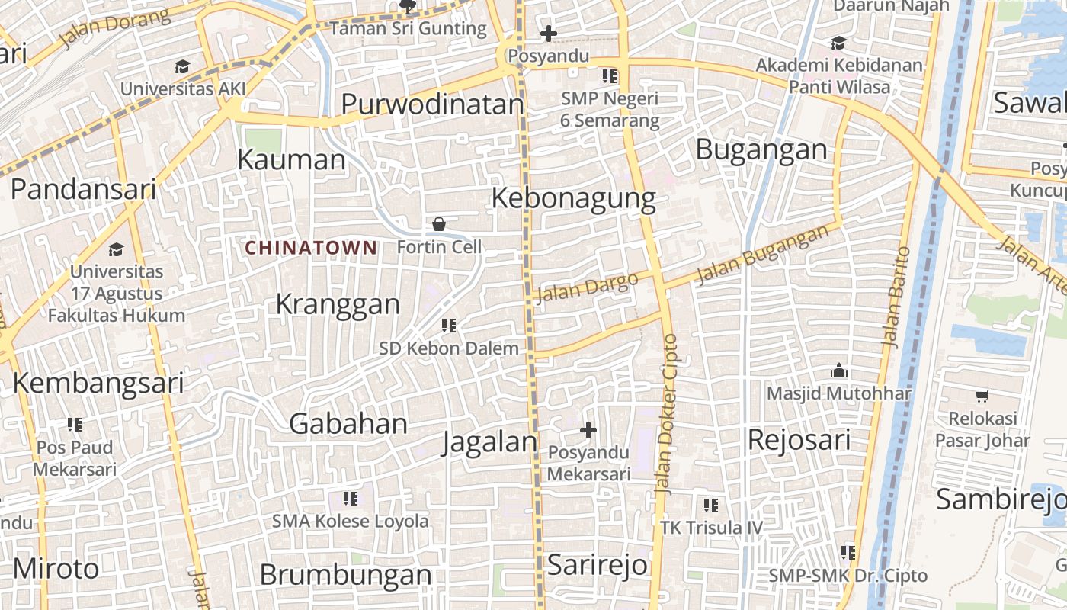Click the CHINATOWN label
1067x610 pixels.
(311, 248)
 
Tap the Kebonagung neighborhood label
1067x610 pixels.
(573, 198)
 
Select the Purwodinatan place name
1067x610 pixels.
(432, 104)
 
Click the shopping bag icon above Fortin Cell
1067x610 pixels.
(439, 224)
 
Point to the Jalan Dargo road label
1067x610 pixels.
(587, 287)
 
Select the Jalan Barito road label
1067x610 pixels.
(896, 297)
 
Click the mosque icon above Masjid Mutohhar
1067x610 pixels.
(839, 371)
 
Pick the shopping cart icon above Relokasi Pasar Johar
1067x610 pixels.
(982, 396)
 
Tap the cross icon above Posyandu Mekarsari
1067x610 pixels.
(588, 430)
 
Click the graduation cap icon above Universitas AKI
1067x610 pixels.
(182, 67)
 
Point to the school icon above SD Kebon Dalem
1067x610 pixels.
(449, 326)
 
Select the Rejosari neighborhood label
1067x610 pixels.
(799, 440)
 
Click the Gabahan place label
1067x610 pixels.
(348, 424)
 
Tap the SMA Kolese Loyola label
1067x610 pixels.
(351, 522)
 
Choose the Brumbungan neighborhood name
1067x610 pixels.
(345, 575)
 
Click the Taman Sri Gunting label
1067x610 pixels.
(408, 29)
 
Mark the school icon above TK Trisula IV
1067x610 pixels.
(711, 505)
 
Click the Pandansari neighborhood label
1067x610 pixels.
(83, 189)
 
